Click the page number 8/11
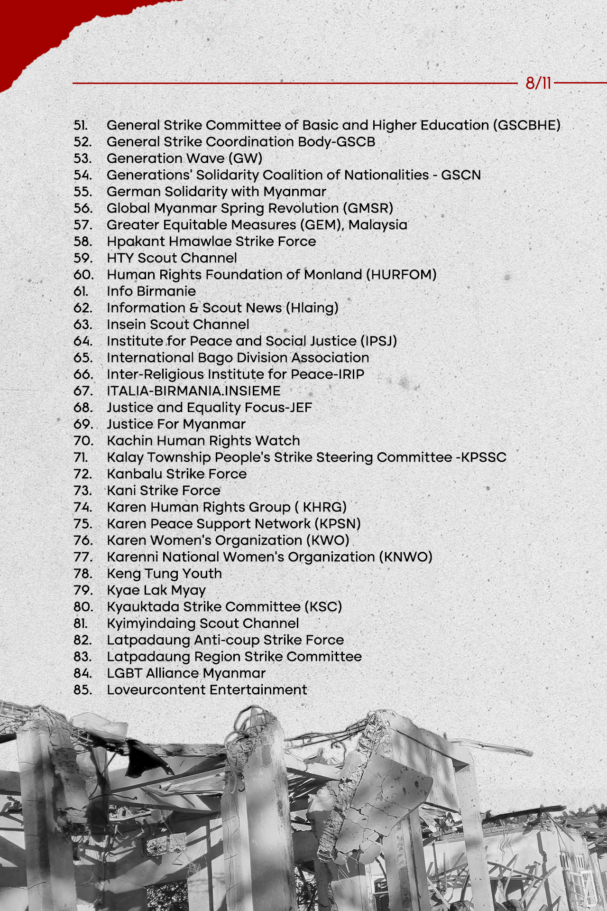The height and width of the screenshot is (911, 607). pos(538,84)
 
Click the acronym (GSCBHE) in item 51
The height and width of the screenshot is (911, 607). pos(526,125)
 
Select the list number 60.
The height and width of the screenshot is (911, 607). pos(83,275)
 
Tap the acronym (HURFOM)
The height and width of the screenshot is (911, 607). pos(401,275)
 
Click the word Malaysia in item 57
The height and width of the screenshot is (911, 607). pos(377,225)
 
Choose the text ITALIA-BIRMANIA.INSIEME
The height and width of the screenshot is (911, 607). pos(193,391)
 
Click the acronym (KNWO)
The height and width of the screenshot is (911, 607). pos(405,557)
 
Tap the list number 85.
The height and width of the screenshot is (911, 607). pos(83,690)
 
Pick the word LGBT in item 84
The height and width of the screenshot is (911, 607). pos(124,673)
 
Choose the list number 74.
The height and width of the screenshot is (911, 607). pos(83,507)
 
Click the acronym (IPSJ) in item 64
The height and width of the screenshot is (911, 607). pos(378,341)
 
